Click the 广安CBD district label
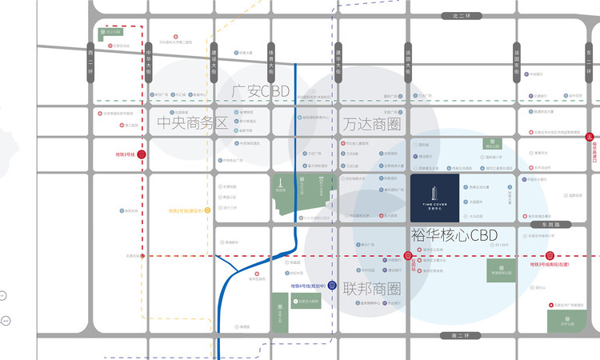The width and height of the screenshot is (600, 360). [x=259, y=90]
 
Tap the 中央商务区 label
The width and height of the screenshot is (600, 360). [x=192, y=123]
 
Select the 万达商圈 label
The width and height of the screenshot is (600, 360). [x=371, y=124]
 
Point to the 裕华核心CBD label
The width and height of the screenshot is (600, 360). [x=454, y=235]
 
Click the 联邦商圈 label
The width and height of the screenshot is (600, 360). [x=372, y=288]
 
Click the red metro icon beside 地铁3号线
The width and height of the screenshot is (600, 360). [x=142, y=154]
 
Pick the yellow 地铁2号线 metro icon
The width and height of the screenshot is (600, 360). [x=207, y=210]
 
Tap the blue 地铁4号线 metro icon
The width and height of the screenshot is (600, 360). [x=331, y=286]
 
